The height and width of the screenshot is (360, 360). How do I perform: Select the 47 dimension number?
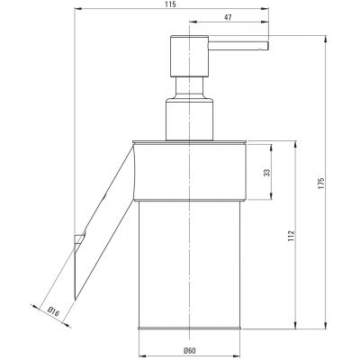(x=228, y=17)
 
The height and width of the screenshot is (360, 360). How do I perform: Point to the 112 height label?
(x=292, y=236)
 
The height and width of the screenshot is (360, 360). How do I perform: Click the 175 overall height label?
(x=321, y=183)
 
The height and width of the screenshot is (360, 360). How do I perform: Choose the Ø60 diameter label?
(x=189, y=350)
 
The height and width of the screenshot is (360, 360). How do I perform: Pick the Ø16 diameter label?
(x=54, y=311)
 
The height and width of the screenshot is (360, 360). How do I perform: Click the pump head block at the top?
(x=189, y=56)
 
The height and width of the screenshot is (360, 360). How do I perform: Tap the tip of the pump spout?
(x=267, y=46)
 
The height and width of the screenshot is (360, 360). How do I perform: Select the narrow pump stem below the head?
(x=189, y=87)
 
